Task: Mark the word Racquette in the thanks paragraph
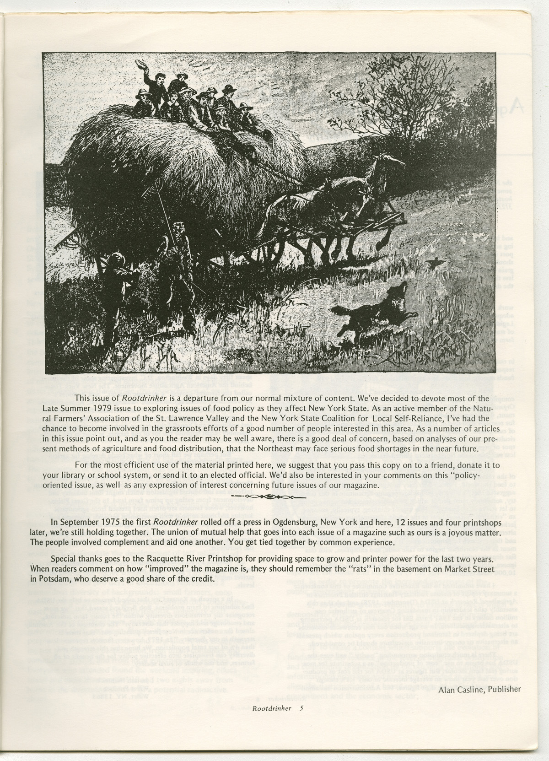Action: point(174,560)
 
